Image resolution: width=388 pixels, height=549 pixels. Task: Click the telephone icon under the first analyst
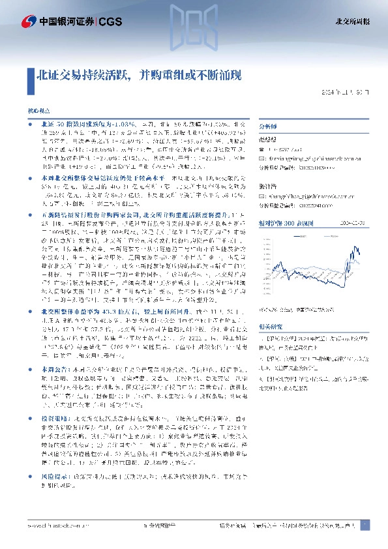point(262,149)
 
